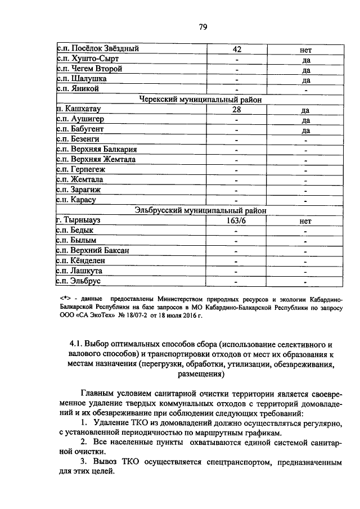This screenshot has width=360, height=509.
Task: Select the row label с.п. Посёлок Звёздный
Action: [x=98, y=48]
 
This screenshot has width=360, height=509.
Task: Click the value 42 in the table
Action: [x=237, y=49]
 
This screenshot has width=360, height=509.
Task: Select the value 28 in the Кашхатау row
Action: [x=237, y=110]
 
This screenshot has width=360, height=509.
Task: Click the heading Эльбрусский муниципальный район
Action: [x=200, y=210]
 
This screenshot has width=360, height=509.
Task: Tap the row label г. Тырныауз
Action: [x=82, y=220]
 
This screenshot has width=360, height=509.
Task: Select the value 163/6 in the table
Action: [x=237, y=221]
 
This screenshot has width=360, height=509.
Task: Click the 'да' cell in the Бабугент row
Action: [x=306, y=130]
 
